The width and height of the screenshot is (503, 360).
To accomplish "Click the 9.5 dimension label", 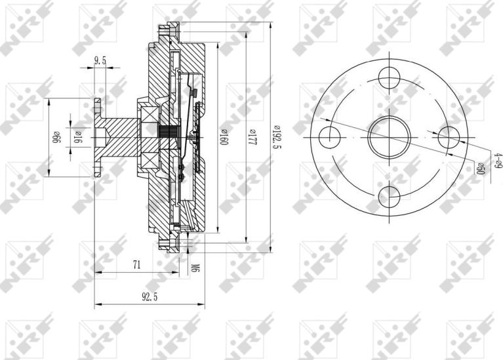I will (100, 60).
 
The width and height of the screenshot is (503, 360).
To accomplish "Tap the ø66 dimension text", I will (57, 137).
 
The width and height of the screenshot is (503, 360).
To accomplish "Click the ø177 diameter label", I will (251, 138).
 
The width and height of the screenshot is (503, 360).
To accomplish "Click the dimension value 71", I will (136, 265).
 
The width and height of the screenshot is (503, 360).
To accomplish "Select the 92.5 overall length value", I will (150, 296).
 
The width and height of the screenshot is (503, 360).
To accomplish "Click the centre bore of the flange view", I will (389, 136).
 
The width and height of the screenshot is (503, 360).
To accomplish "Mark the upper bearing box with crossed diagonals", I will (148, 118).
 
